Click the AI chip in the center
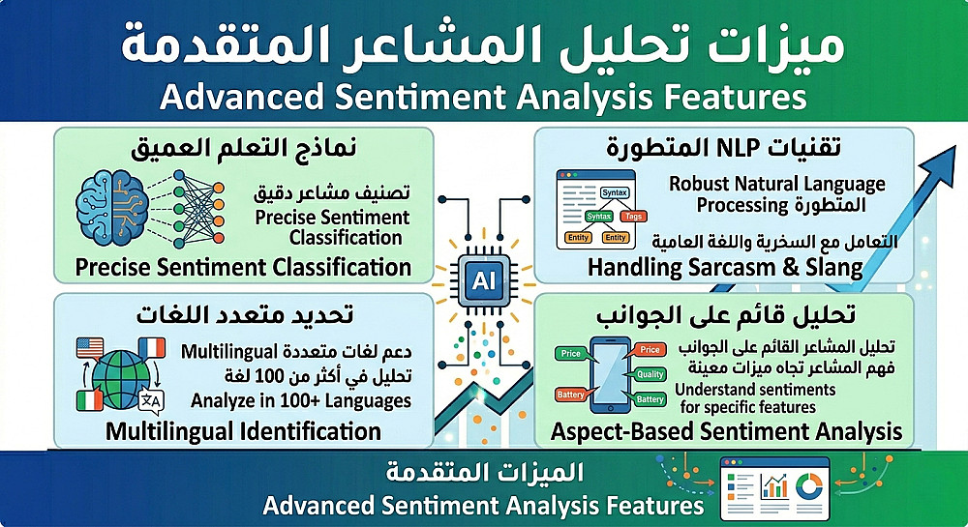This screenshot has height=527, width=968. click(483, 281)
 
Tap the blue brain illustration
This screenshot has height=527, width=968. click(112, 207)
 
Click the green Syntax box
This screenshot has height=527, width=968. click(599, 217)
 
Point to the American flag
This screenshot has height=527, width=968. click(89, 348)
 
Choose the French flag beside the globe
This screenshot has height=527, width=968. click(152, 348)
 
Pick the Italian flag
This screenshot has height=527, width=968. click(89, 400)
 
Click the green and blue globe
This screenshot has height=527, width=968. click(121, 380)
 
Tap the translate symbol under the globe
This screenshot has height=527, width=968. click(151, 401)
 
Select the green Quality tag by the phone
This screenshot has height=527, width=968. click(650, 374)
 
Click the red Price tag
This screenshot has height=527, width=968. click(649, 349)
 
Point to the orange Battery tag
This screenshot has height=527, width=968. click(571, 395)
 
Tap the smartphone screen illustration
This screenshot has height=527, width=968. click(610, 373)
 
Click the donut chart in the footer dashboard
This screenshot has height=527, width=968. click(809, 487)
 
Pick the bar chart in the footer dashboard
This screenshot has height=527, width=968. click(774, 485)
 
